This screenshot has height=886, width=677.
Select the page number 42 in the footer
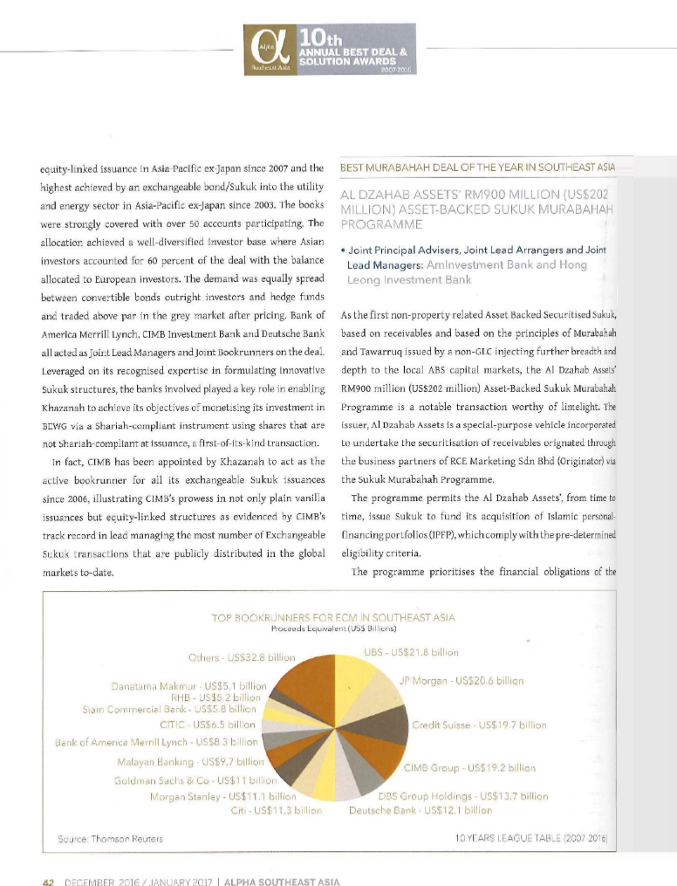point(49,880)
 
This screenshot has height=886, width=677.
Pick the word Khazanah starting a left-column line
point(68,408)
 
